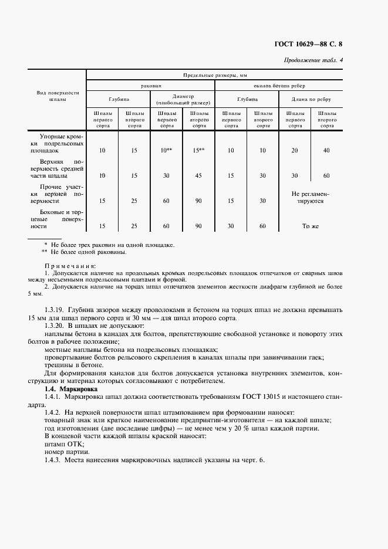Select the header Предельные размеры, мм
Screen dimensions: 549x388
214,75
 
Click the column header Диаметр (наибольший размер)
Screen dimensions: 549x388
183,100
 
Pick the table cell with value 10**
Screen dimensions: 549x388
166,151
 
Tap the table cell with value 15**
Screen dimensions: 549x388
198,151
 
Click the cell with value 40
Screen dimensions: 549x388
326,151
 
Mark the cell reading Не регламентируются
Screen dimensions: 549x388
309,196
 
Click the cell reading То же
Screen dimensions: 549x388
309,226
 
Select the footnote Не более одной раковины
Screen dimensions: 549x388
88,252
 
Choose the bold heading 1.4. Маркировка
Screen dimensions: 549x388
71,389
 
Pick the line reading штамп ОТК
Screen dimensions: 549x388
60,444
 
